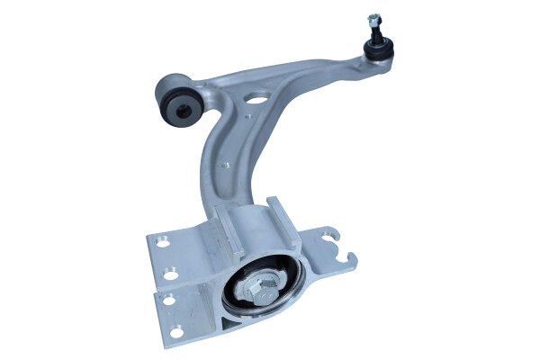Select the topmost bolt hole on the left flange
pyautogui.click(x=165, y=240)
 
